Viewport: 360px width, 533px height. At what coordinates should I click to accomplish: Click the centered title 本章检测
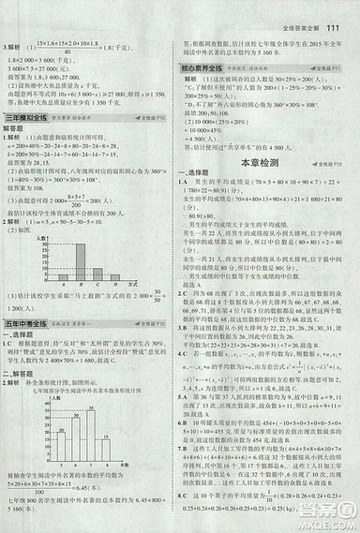point(267,136)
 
